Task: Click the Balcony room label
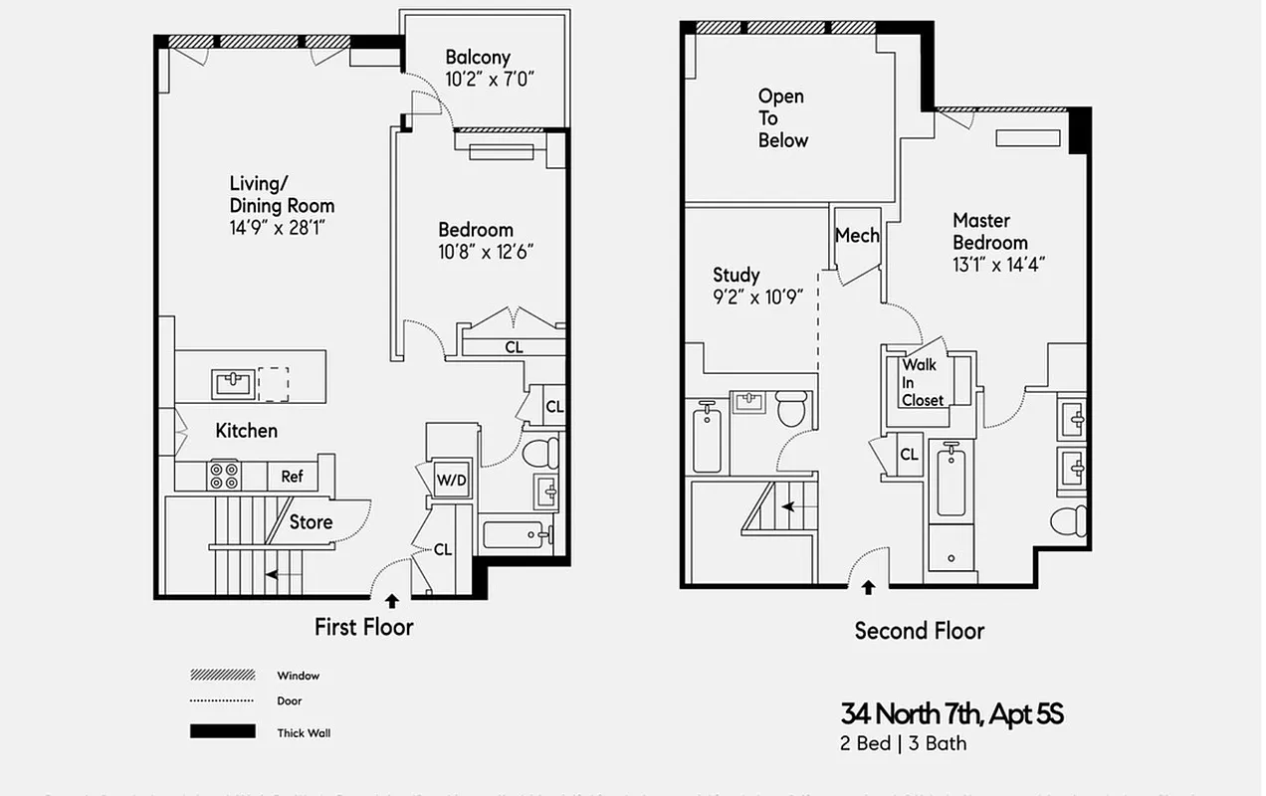click(478, 58)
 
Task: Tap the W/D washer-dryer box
click(452, 479)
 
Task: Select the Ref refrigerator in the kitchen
click(292, 477)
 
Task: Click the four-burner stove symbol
click(223, 476)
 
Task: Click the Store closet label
click(311, 521)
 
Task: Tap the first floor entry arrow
click(392, 601)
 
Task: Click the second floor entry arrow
click(868, 588)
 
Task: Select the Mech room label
click(857, 236)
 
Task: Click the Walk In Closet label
click(922, 382)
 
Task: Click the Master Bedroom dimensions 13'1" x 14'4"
click(998, 265)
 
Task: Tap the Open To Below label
click(782, 118)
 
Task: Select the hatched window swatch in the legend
click(222, 675)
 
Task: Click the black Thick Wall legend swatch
click(222, 732)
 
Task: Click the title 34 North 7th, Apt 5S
click(951, 713)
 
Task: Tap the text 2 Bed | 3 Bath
click(903, 743)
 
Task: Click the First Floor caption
click(363, 627)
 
